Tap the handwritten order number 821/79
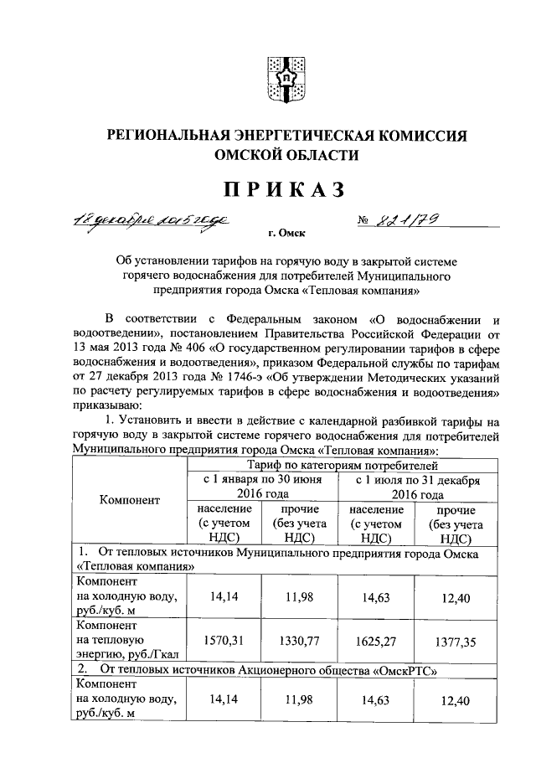[408, 220]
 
